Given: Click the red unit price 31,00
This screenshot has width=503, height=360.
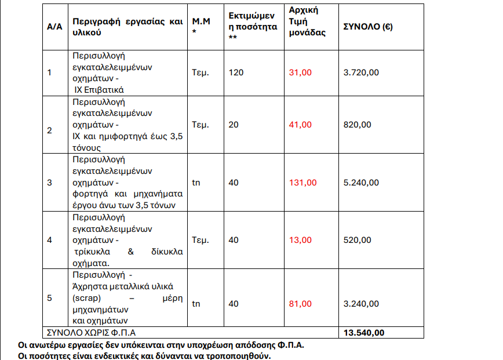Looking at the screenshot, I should point(301,72).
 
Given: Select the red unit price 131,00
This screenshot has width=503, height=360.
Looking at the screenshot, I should point(303,183).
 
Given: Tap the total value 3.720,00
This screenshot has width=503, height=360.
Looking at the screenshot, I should point(362,72).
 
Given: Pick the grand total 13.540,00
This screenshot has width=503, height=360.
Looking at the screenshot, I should point(363,333).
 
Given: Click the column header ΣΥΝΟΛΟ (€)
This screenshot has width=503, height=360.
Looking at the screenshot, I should point(368,27).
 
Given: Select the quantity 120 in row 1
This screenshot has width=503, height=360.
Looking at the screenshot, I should point(236,72).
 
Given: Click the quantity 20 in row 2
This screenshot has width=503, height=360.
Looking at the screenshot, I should point(234,125).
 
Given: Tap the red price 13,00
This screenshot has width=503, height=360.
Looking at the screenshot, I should point(301,240).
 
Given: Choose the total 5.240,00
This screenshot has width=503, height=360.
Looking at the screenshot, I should point(362,183).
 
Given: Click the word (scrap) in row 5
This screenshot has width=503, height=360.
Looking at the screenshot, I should point(86,297).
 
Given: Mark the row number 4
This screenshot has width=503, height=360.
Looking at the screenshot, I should point(49,240).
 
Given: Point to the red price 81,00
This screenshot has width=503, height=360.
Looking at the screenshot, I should point(301,304).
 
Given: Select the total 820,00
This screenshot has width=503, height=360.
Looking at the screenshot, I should point(358,125).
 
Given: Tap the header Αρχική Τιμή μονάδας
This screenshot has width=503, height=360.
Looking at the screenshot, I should point(308,21).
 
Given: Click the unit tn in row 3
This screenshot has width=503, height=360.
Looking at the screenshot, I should point(196,183).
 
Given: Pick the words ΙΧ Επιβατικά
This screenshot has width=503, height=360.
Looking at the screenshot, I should point(99,90).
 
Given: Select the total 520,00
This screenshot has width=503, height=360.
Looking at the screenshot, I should point(358,240).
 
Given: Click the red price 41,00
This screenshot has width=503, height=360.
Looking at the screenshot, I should point(301,125).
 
